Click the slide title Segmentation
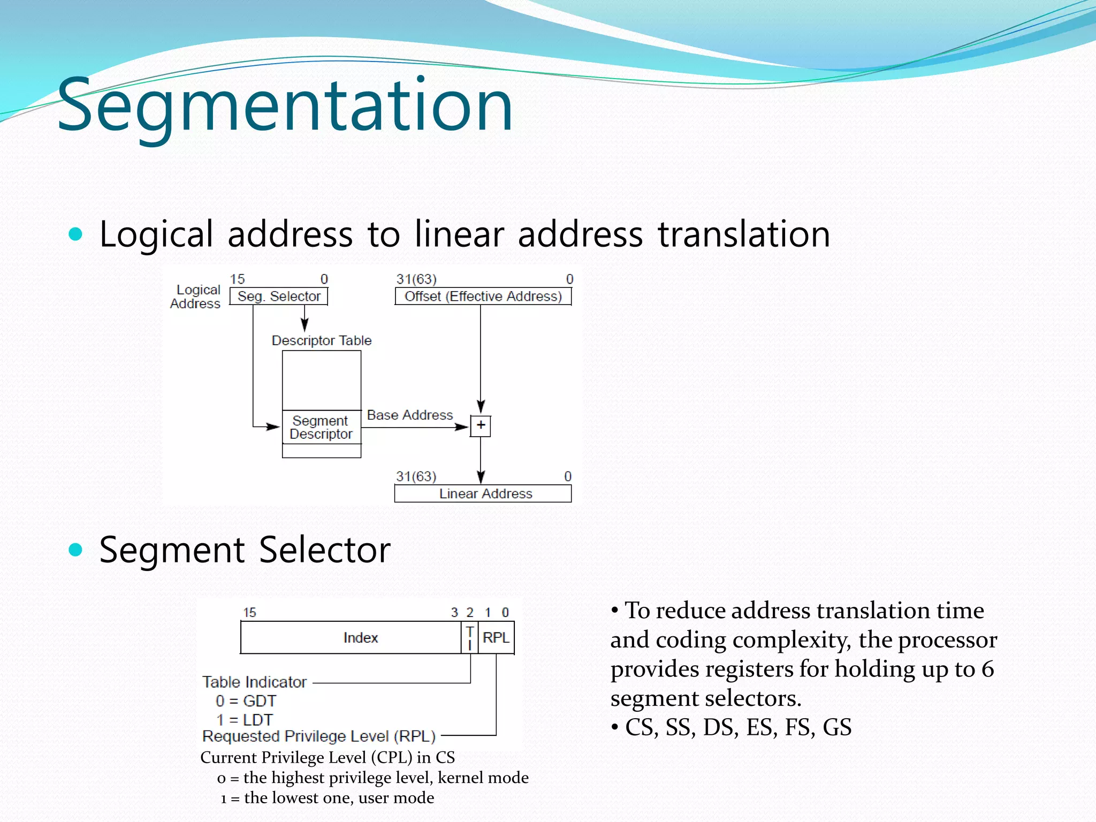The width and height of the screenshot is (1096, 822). click(285, 105)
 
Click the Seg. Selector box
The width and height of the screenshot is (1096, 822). click(279, 296)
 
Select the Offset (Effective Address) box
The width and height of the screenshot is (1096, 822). click(483, 296)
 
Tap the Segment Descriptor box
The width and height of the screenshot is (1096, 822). click(321, 427)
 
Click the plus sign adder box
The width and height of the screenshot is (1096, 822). click(481, 426)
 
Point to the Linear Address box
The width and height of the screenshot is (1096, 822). click(483, 493)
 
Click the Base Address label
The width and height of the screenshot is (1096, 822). click(410, 415)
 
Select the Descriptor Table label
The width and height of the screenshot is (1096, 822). click(321, 340)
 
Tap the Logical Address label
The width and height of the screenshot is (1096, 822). click(196, 296)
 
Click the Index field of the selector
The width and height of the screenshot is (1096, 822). click(360, 637)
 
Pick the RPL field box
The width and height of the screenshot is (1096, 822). click(496, 637)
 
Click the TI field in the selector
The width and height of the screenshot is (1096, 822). click(469, 637)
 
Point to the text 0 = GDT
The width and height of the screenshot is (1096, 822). click(246, 701)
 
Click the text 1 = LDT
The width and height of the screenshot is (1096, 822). click(245, 720)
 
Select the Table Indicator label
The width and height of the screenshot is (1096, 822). click(254, 682)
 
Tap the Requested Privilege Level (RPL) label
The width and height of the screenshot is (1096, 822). click(319, 736)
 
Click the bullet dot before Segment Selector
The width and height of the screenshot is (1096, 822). click(76, 550)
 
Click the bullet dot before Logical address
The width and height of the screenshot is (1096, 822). click(76, 234)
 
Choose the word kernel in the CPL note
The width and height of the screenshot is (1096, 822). click(458, 778)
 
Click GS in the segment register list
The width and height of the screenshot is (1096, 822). click(837, 727)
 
